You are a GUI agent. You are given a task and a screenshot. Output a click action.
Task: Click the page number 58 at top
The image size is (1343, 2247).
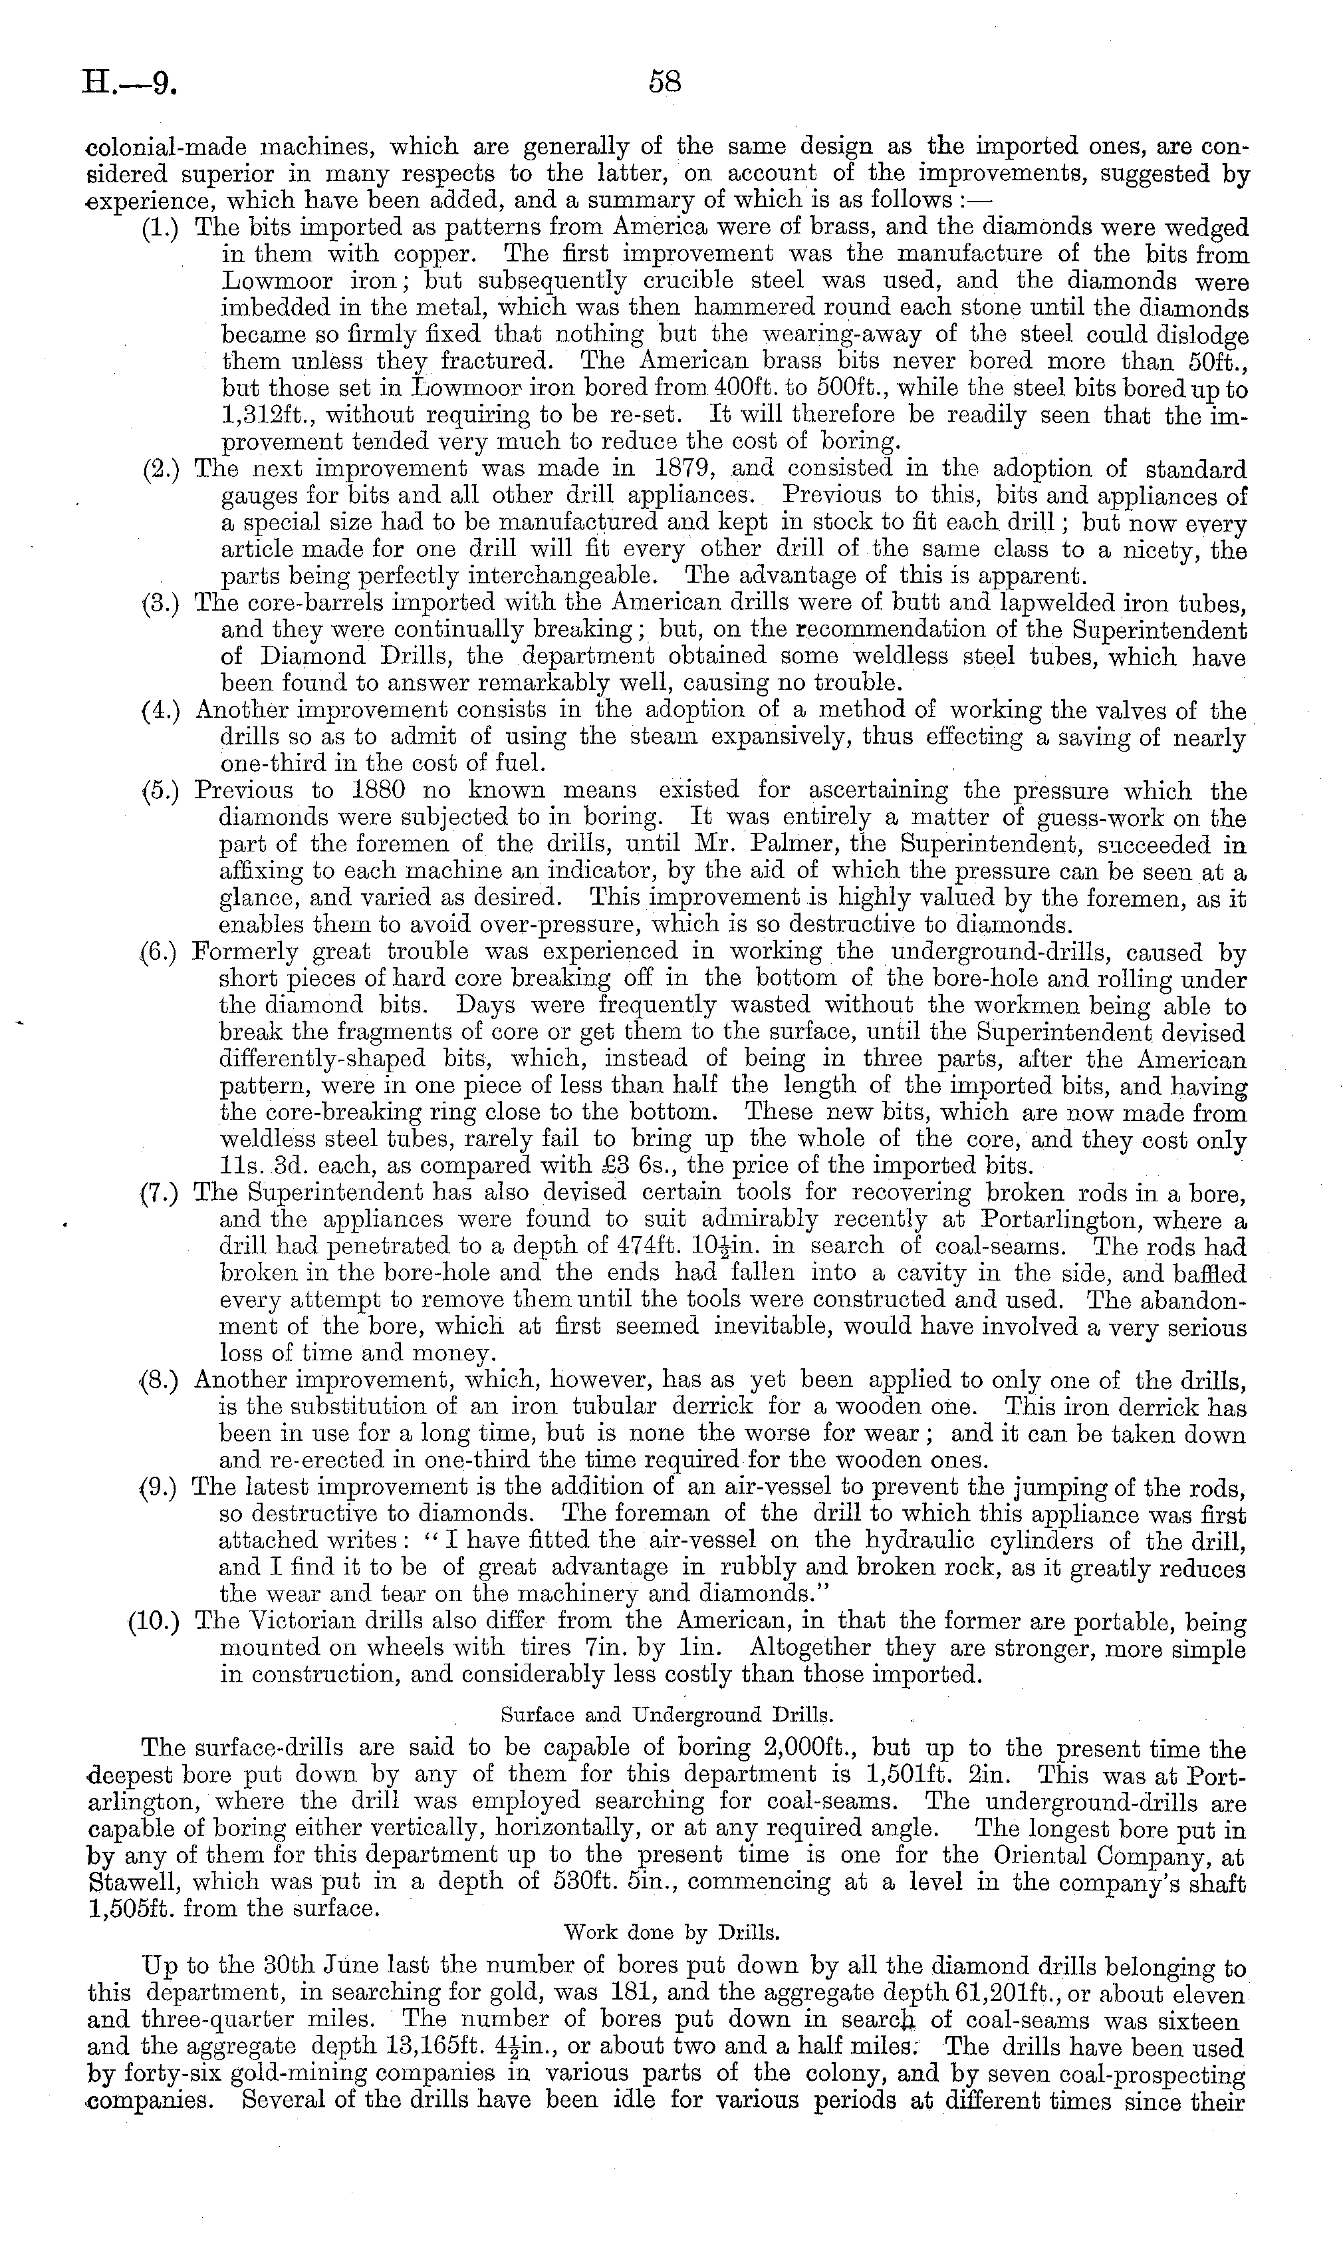pyautogui.click(x=664, y=82)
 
